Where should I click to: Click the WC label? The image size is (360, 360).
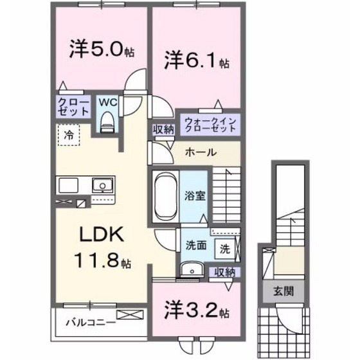(x=107, y=101)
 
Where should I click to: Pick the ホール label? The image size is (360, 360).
(x=201, y=152)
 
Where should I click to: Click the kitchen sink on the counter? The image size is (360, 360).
(x=100, y=186)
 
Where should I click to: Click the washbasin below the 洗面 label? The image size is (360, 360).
(x=192, y=269)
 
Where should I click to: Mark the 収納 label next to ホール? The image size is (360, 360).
(x=163, y=129)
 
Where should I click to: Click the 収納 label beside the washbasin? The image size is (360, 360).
(x=225, y=271)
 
